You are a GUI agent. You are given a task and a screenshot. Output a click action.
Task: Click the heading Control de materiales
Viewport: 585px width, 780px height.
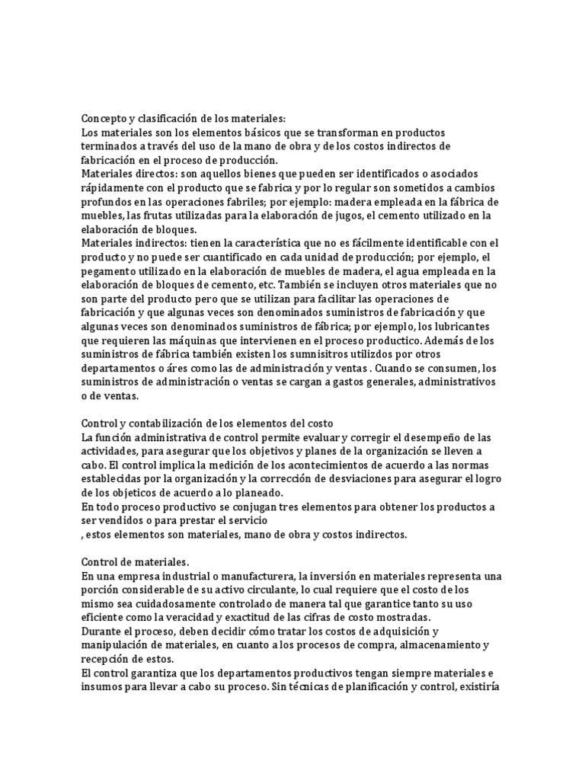click(134, 561)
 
